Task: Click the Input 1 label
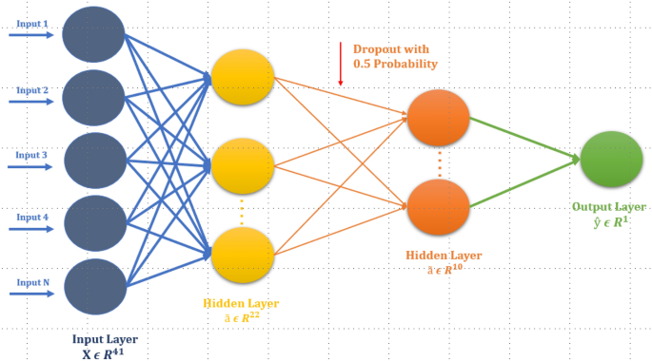pos(30,24)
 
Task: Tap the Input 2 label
pos(30,90)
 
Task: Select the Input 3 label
pos(30,154)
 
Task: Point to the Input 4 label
pos(30,216)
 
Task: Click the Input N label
pos(30,282)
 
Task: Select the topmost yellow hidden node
pos(243,76)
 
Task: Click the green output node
pos(612,160)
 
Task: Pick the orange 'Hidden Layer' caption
pos(444,256)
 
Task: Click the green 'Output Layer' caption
pos(609,206)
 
